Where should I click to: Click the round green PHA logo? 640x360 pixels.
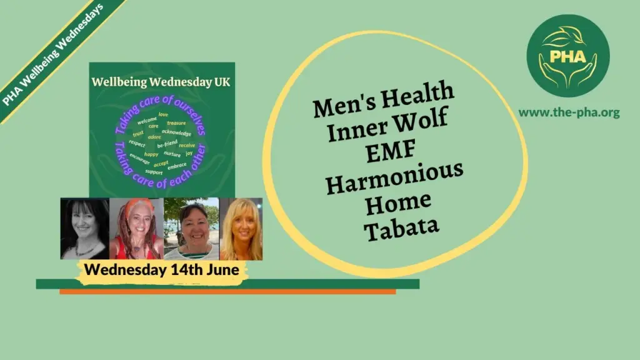point(567,56)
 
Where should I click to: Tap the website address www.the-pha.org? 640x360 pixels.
point(569,112)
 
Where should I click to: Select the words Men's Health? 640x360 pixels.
point(383,99)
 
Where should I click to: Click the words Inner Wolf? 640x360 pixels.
point(387,124)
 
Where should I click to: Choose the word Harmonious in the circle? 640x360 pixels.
point(394,177)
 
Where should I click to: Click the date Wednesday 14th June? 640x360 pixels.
point(162,269)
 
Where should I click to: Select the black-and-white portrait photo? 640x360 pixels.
point(85,229)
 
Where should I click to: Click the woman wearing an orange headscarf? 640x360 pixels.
point(137,229)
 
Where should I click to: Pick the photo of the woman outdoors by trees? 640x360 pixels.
point(192,229)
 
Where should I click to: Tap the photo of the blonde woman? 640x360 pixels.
point(241,229)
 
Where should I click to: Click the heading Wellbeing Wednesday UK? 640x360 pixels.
point(161,82)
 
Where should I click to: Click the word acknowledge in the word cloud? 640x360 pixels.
point(176,132)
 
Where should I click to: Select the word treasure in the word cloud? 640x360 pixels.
point(176,123)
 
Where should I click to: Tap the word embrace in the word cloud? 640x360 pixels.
point(177,166)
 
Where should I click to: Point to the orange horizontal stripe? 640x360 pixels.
point(227,291)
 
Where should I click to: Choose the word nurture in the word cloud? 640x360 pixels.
point(172,154)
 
